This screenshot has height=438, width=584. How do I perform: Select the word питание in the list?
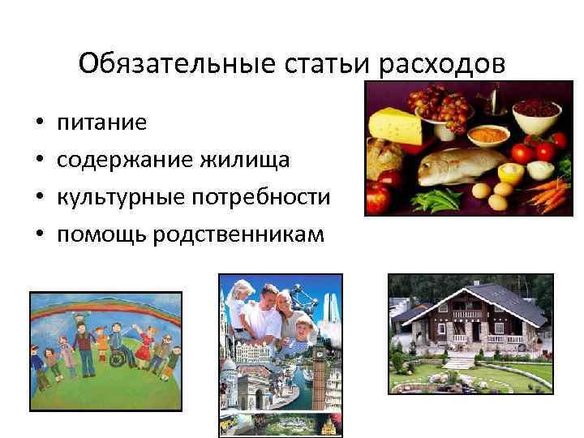[x=101, y=122]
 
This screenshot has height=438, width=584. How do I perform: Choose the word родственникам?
[x=235, y=234]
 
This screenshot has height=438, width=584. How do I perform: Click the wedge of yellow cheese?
[x=395, y=127]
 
